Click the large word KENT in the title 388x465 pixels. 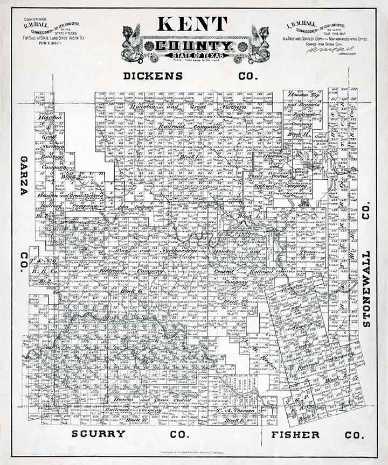point(193,24)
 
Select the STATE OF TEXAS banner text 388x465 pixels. point(192,55)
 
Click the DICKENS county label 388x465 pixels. point(154,76)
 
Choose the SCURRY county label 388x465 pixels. point(99,433)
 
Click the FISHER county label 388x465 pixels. point(295,434)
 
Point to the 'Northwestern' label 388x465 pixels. point(178,251)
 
